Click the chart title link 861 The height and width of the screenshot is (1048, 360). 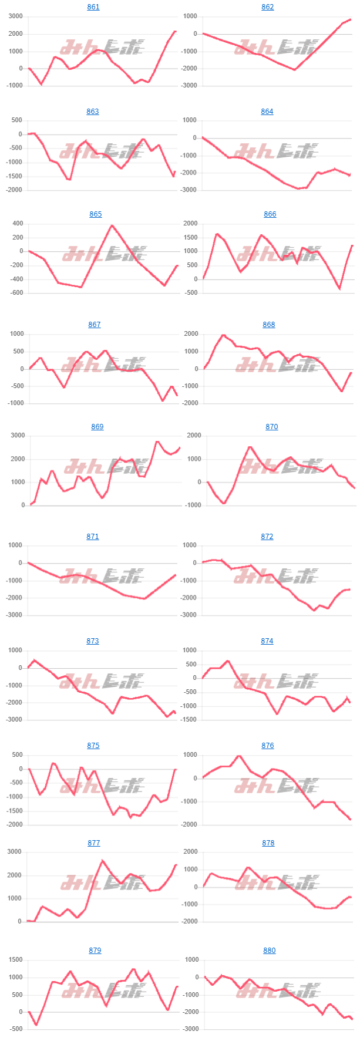pyautogui.click(x=93, y=7)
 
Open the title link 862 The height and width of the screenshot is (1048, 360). pyautogui.click(x=267, y=7)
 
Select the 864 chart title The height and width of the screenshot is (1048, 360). pyautogui.click(x=267, y=112)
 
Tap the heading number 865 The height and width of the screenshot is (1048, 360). pyautogui.click(x=95, y=214)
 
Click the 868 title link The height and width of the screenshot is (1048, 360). pyautogui.click(x=268, y=325)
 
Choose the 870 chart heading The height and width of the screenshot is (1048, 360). pyautogui.click(x=271, y=427)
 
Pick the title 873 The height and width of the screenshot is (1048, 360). pyautogui.click(x=93, y=641)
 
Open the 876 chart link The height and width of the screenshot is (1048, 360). pyautogui.click(x=267, y=746)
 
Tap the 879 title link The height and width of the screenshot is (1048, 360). pyautogui.click(x=95, y=951)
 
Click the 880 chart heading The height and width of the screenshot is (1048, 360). pyautogui.click(x=269, y=951)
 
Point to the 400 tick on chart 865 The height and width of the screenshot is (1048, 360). pyautogui.click(x=17, y=224)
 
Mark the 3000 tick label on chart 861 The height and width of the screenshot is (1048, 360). pyautogui.click(x=15, y=16)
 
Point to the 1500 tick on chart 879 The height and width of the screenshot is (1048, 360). pyautogui.click(x=15, y=960)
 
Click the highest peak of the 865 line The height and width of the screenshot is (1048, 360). pyautogui.click(x=112, y=225)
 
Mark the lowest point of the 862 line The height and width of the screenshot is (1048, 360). pyautogui.click(x=294, y=70)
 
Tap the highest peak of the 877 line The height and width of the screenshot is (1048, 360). pyautogui.click(x=102, y=861)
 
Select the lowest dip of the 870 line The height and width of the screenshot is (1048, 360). pyautogui.click(x=224, y=503)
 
